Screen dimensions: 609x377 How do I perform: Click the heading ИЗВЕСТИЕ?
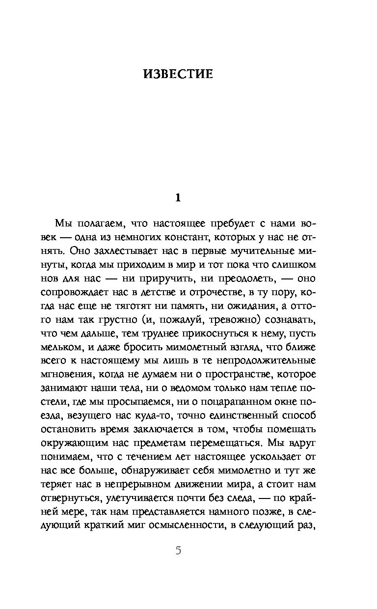click(x=179, y=74)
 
